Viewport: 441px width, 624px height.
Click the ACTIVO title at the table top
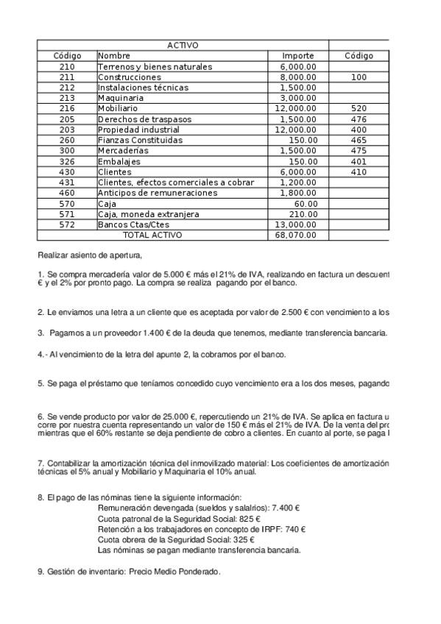click(182, 46)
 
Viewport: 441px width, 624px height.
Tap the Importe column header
click(297, 56)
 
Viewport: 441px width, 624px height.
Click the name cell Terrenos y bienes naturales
click(155, 67)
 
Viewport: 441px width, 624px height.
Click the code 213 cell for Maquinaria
click(67, 98)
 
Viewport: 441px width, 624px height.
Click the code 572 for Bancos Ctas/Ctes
click(67, 224)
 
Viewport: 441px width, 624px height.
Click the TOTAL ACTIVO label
click(152, 235)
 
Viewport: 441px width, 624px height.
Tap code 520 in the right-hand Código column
click(359, 108)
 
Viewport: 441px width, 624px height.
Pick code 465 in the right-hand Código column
click(359, 140)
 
